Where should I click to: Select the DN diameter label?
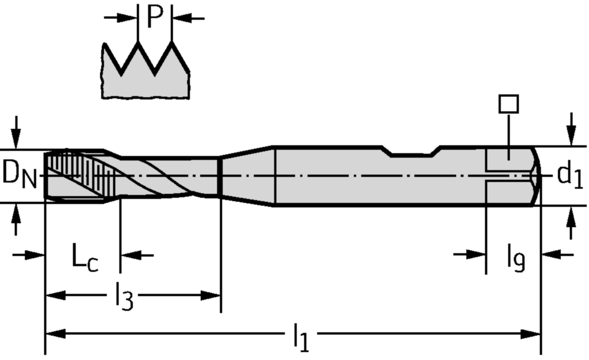19,174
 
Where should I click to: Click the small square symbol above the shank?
508,104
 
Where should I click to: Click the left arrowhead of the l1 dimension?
52,334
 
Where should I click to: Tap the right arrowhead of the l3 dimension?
213,296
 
